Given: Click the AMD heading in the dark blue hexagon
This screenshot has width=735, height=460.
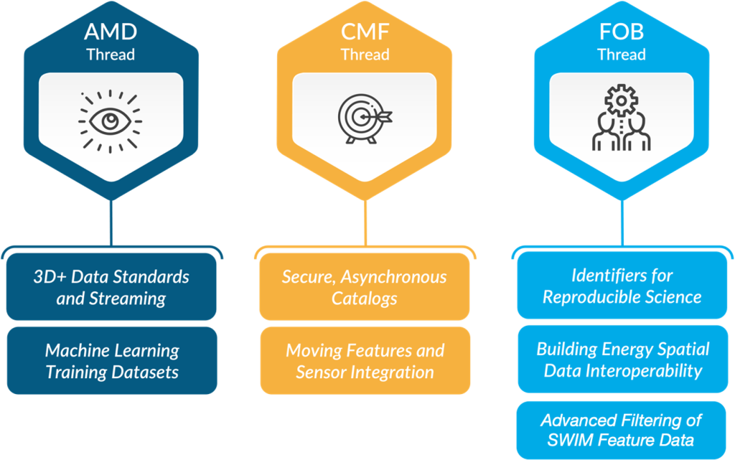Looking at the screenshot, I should click(111, 33).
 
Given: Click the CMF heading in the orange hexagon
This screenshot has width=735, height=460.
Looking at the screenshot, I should click(365, 33).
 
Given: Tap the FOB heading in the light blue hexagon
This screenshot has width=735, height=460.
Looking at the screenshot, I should click(622, 33).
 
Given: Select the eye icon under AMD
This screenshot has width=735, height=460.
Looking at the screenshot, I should click(111, 120).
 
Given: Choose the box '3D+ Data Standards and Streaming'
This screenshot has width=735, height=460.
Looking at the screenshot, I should click(111, 287).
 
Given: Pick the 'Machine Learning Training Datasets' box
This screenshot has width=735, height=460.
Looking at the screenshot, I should click(111, 361).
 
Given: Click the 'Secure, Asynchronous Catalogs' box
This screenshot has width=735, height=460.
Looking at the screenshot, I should click(364, 287).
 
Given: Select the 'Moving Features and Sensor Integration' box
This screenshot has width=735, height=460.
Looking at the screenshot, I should click(365, 361).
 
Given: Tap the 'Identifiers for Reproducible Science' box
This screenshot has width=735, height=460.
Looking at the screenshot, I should click(622, 286).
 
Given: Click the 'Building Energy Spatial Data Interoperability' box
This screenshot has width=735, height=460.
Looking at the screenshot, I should click(622, 360).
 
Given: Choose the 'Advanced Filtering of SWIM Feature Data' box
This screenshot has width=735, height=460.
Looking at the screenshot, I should click(622, 430).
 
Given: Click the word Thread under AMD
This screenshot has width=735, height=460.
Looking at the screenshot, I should click(111, 55).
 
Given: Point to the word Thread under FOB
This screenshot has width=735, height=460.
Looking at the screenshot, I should click(622, 55).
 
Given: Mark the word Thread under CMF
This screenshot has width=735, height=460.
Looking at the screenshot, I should click(365, 55).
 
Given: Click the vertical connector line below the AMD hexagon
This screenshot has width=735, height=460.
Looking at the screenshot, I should click(111, 222).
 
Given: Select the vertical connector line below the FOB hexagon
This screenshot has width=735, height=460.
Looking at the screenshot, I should click(622, 222).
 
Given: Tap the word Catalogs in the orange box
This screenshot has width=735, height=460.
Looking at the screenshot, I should click(364, 297).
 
